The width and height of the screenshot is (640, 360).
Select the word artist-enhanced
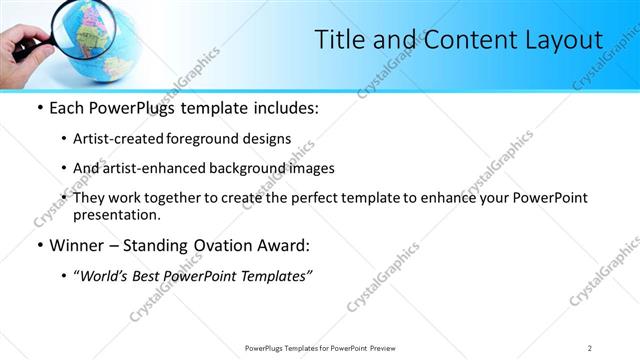(x=161, y=168)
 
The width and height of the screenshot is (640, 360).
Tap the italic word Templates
(x=276, y=276)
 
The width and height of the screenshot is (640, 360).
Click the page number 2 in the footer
(x=590, y=347)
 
